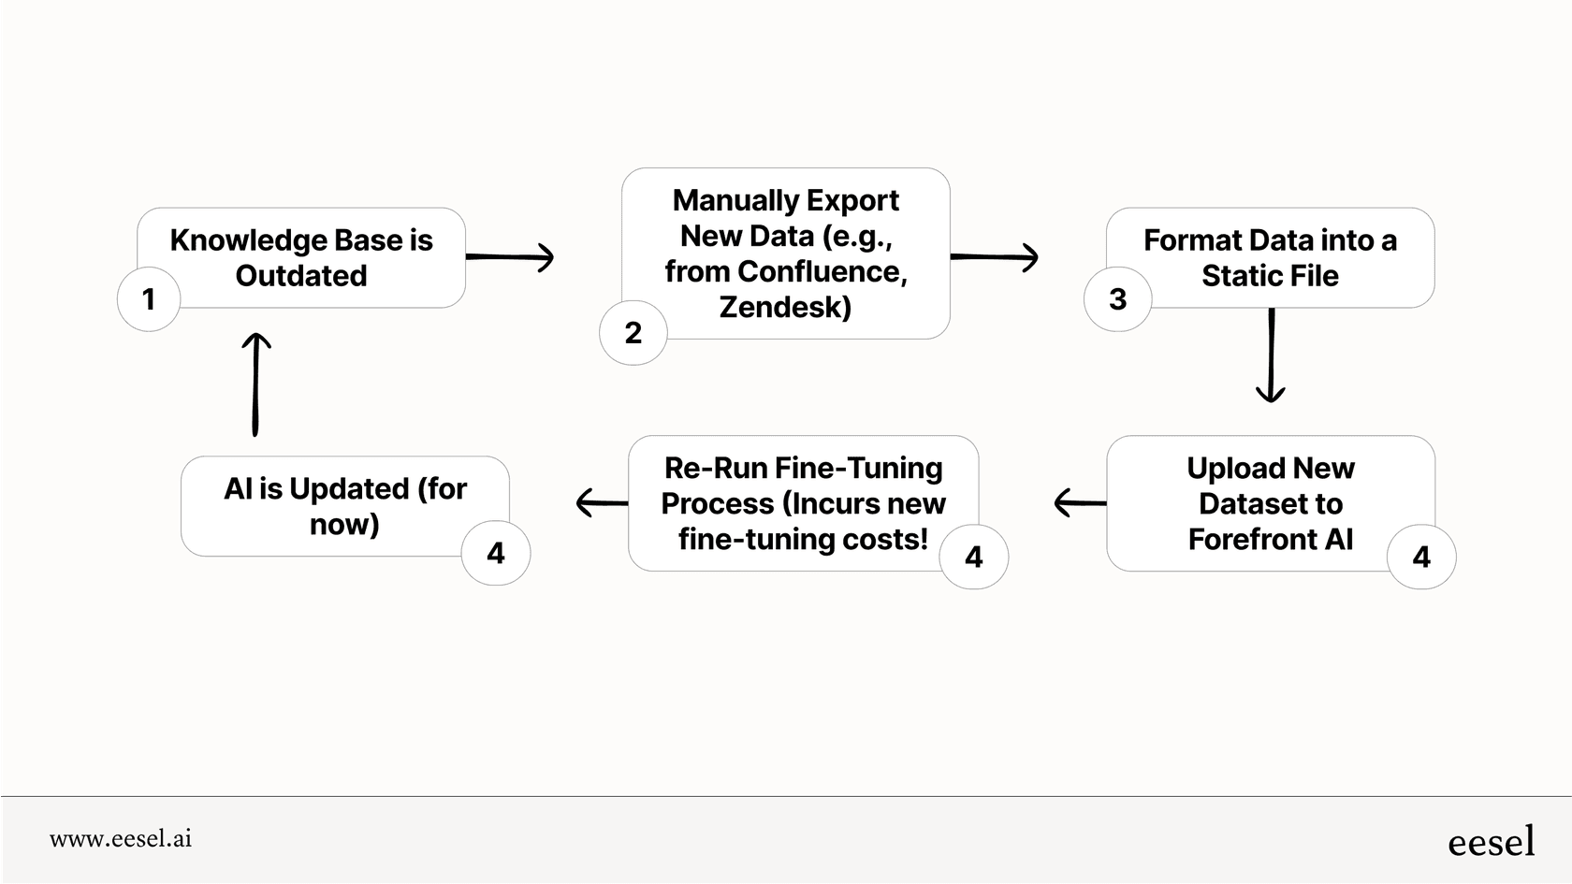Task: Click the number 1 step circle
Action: pyautogui.click(x=149, y=299)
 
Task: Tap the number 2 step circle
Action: pyautogui.click(x=633, y=333)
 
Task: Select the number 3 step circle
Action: pyautogui.click(x=1117, y=299)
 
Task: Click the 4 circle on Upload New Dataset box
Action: pyautogui.click(x=1421, y=558)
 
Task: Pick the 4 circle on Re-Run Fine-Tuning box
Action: pyautogui.click(x=974, y=558)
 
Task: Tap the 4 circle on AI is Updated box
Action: pyautogui.click(x=496, y=554)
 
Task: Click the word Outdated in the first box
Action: pyautogui.click(x=301, y=276)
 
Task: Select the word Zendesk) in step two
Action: pyautogui.click(x=785, y=307)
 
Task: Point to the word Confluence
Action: pyautogui.click(x=821, y=271)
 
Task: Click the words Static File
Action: pyautogui.click(x=1270, y=276)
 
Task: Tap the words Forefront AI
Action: pyautogui.click(x=1270, y=540)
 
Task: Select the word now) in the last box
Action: pyautogui.click(x=344, y=525)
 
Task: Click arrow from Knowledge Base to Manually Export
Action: pyautogui.click(x=510, y=256)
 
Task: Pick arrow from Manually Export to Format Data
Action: pyautogui.click(x=994, y=256)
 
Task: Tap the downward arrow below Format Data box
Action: pyautogui.click(x=1271, y=355)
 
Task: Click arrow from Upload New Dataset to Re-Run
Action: pyautogui.click(x=1081, y=503)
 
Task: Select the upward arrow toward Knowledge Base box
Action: pyautogui.click(x=255, y=384)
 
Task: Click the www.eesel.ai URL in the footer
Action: pyautogui.click(x=121, y=839)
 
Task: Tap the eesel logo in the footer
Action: pyautogui.click(x=1491, y=842)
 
